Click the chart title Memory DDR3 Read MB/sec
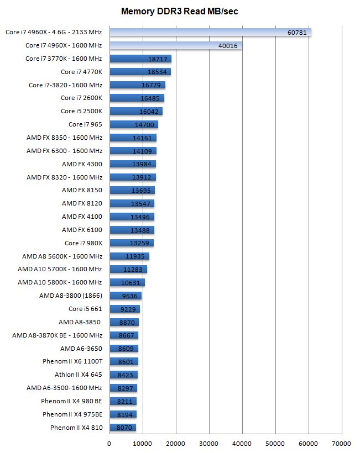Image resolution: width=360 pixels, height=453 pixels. pos(180,11)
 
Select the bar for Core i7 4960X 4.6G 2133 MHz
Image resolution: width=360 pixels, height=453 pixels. pos(210,33)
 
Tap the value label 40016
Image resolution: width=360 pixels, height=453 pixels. pos(228,46)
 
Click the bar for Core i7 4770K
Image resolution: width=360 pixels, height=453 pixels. pos(140,72)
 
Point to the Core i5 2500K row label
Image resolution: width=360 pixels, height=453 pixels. pos(81,111)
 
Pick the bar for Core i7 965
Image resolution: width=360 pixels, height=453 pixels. pos(134,125)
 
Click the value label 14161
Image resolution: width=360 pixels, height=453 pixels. pos(142,138)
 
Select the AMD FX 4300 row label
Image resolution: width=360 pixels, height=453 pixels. pos(82,164)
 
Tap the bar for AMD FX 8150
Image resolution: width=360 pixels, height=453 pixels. pos(132,191)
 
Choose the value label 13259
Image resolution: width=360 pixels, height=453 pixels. pos(140,243)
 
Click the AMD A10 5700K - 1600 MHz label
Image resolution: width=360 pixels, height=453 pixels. pos(60,269)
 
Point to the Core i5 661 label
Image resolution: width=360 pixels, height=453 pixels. pos(85,309)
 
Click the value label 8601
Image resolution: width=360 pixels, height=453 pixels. pos(127,362)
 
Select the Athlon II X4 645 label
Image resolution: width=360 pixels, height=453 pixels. pos(79,375)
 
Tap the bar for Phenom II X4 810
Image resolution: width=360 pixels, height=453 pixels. pos(122,428)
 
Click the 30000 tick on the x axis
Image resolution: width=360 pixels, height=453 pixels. pos(209,443)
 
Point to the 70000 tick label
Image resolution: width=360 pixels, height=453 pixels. pos(342,443)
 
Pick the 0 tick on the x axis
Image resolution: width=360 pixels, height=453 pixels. pos(109,443)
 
